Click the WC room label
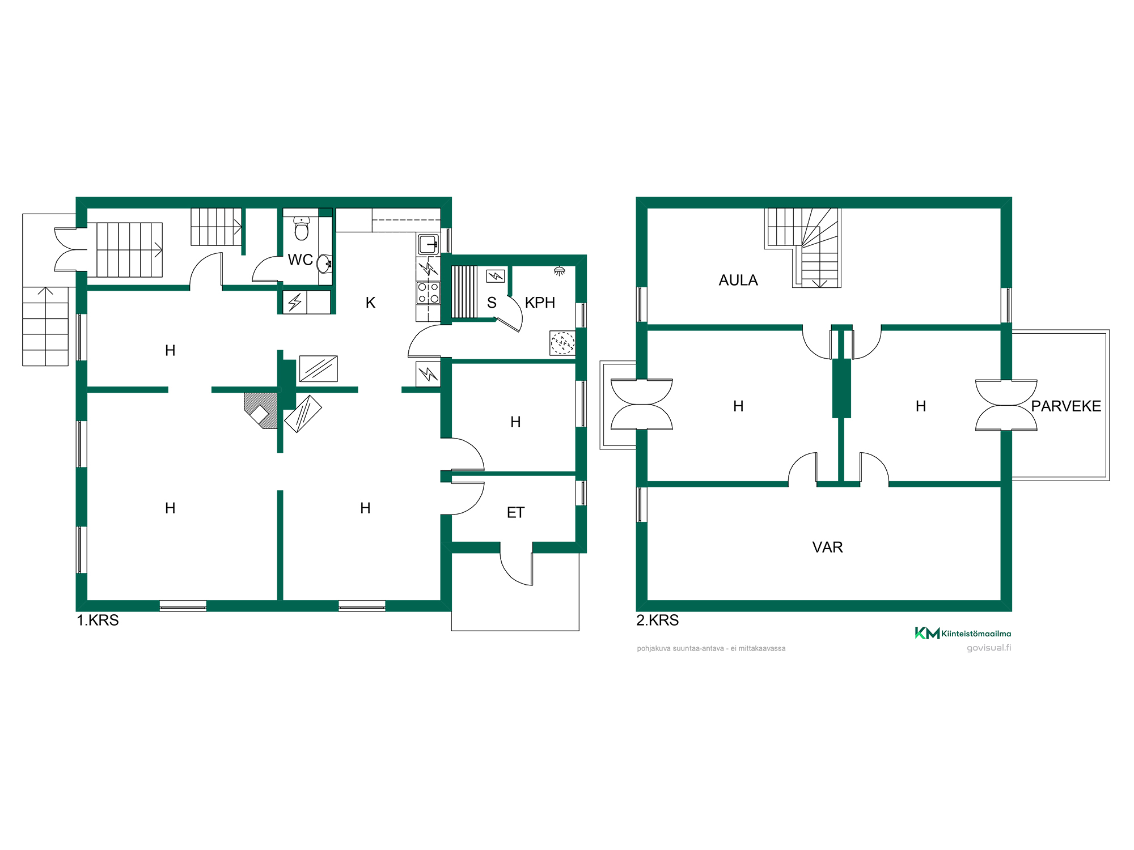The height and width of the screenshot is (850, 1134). pos(300,260)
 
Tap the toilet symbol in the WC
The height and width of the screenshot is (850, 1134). pos(302,228)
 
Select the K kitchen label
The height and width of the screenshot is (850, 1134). pos(370,303)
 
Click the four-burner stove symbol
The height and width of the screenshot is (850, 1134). pos(428,293)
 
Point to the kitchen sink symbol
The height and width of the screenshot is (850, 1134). pos(428,244)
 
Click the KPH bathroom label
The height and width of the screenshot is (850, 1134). pos(540,303)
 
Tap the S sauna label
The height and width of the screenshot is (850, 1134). pos(492,303)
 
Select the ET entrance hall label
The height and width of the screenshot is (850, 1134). pos(515,513)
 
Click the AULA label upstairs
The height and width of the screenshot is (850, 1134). pos(738,280)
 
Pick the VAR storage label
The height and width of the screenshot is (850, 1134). pos(827,547)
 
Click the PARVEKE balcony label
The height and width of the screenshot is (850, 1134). pos(1066,406)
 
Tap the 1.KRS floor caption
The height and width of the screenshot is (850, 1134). pos(98,620)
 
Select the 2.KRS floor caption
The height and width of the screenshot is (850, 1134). pos(657,620)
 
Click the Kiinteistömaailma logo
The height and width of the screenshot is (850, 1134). pos(963,633)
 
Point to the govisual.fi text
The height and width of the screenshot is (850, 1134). pos(989,648)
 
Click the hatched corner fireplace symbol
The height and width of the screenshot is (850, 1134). pos(261,410)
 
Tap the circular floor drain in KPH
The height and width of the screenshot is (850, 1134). pos(562,343)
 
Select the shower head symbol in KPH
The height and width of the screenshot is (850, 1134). pos(559,271)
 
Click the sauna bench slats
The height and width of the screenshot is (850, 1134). pos(464,292)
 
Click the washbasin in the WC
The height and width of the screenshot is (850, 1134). pos(324,263)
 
